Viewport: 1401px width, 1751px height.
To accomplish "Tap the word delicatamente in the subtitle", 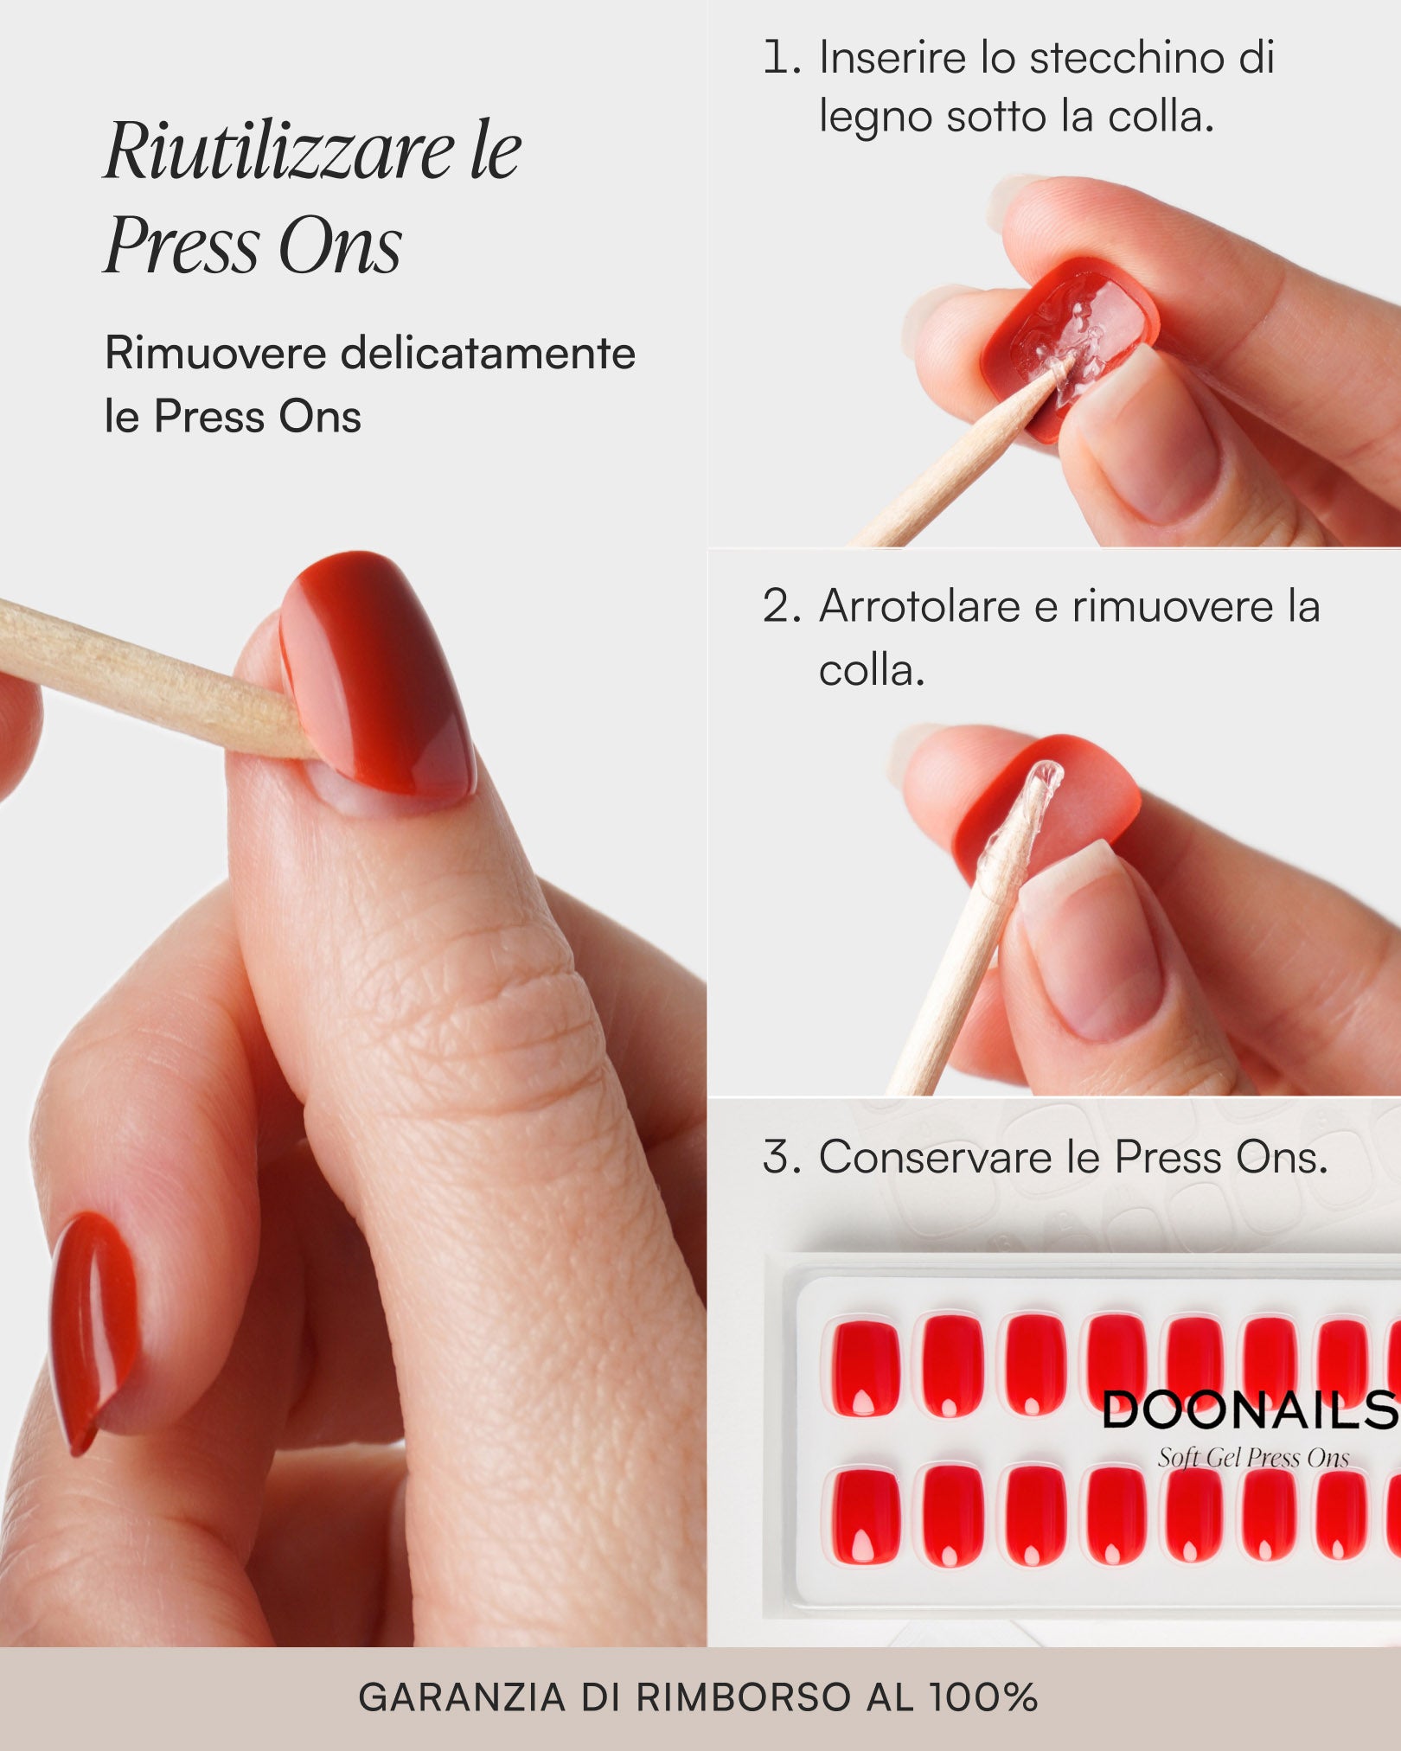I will (488, 354).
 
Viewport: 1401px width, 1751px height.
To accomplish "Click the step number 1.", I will (781, 58).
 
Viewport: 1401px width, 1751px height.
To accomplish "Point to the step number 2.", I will (781, 606).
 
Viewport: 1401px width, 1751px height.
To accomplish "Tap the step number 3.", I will (781, 1157).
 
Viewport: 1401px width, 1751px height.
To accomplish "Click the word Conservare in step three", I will (935, 1157).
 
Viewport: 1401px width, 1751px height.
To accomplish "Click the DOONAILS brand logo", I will (1249, 1411).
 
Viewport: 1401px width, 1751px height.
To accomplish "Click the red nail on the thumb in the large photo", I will (381, 670).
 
